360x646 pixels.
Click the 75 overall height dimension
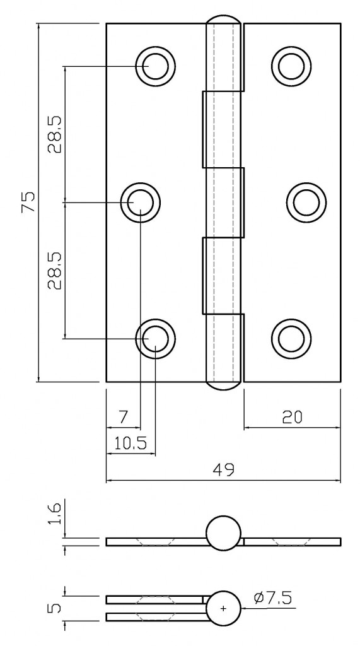(28, 203)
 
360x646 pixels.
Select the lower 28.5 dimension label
(55, 270)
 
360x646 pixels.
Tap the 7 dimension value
(123, 417)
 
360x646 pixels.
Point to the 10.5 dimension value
(131, 443)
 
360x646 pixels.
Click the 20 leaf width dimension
(292, 417)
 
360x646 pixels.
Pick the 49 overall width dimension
(224, 469)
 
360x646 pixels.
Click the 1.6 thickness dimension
(55, 515)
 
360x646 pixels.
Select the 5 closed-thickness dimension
(55, 608)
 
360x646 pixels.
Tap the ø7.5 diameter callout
(274, 597)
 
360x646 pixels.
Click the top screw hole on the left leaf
(155, 66)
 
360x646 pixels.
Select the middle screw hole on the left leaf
(141, 203)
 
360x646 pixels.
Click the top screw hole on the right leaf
(291, 66)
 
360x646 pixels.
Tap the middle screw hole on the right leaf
(306, 203)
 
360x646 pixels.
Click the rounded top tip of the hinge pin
(224, 19)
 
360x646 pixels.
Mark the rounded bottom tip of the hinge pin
(224, 386)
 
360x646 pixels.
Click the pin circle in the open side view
(224, 533)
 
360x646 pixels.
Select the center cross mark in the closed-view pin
(223, 608)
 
